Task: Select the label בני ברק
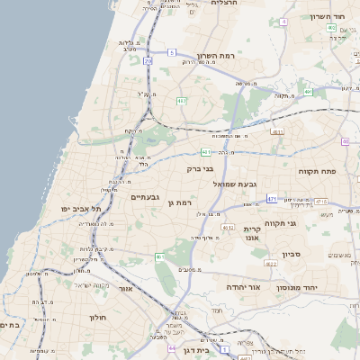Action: tap(200, 167)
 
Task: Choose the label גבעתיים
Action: tap(145, 197)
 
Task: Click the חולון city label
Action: tap(97, 318)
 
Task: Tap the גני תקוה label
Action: tap(282, 222)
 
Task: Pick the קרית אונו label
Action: tap(251, 234)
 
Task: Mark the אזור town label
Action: tap(126, 289)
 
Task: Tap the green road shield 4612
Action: tap(229, 228)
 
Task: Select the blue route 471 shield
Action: tap(273, 198)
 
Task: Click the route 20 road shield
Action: tap(147, 61)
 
